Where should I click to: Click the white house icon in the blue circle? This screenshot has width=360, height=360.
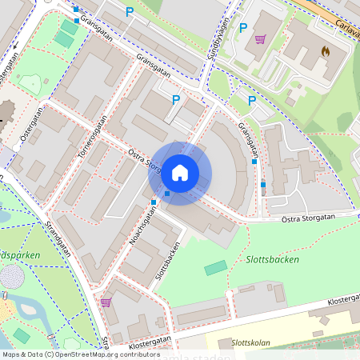coord(180,173)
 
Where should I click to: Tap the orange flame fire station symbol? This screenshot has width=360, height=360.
coord(325,50)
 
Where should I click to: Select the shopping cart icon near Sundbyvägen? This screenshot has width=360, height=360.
coord(260,38)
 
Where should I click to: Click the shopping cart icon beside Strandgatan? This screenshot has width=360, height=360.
coord(106,302)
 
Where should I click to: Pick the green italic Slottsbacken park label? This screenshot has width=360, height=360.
coord(271,260)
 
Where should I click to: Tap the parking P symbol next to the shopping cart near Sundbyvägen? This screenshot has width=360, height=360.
coord(243,28)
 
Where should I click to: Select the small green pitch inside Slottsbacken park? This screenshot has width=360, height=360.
coord(215,268)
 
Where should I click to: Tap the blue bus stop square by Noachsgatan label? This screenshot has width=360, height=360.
coord(153,202)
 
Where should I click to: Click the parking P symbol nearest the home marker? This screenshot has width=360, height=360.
coord(176,99)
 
